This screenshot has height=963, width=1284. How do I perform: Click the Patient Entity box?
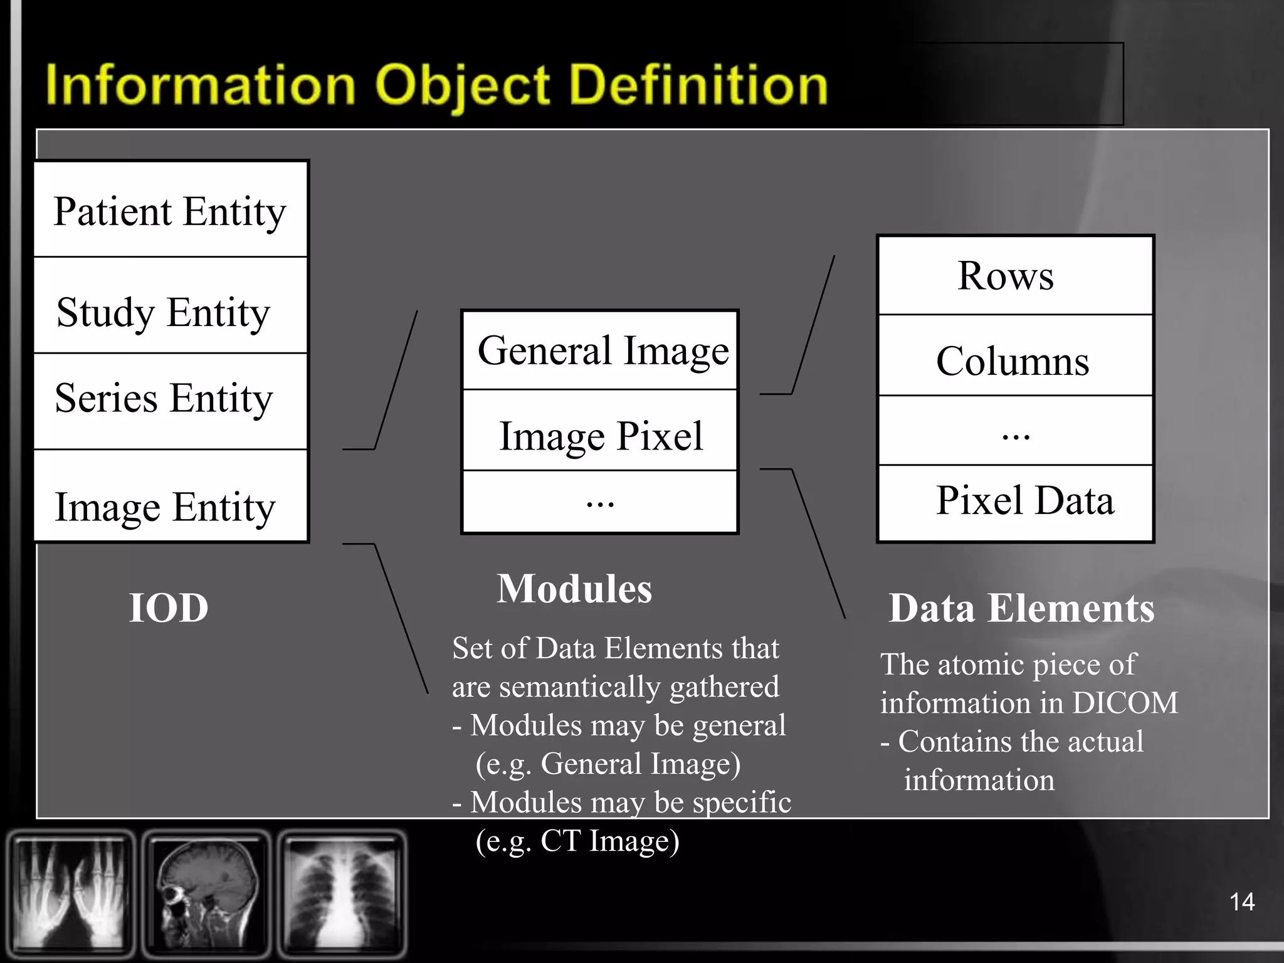[170, 210]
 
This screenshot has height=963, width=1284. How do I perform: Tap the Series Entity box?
[170, 400]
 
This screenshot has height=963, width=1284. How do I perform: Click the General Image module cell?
[601, 350]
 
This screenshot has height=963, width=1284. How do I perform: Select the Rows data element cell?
[1014, 276]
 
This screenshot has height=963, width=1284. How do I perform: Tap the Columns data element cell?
[1014, 360]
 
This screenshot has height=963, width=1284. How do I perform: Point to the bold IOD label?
[169, 608]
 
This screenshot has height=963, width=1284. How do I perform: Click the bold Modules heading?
[574, 589]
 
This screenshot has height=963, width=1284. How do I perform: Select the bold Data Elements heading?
[1021, 608]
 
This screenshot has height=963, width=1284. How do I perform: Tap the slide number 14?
[1241, 902]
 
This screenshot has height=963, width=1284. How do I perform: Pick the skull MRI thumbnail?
[207, 893]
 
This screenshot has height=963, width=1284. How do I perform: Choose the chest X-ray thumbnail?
[342, 893]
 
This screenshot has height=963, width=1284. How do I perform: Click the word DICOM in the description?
[1125, 703]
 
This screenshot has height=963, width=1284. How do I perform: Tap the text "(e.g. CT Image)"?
[577, 841]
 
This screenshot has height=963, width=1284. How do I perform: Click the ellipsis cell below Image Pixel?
[601, 502]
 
